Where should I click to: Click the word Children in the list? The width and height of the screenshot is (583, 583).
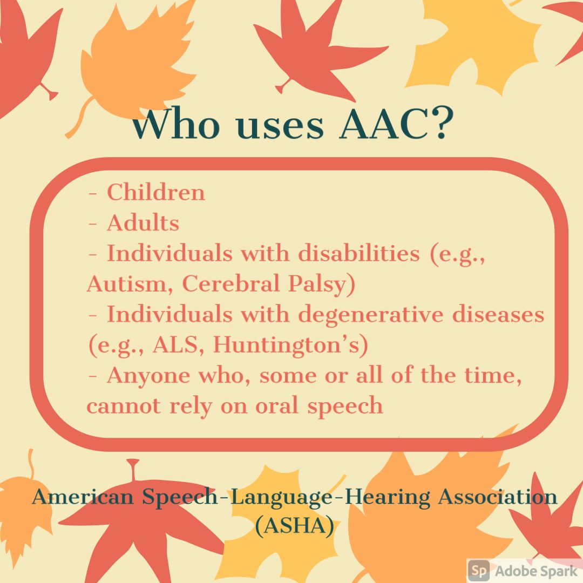[x=156, y=192]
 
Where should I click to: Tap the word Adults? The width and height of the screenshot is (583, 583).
[x=143, y=223]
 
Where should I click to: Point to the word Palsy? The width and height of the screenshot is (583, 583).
[x=318, y=285]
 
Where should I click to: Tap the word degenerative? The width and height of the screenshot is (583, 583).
[x=371, y=315]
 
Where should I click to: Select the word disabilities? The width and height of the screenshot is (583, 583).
[x=359, y=253]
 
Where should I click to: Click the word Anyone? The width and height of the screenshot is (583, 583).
[x=148, y=376]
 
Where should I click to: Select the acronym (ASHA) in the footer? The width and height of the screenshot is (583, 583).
[x=295, y=526]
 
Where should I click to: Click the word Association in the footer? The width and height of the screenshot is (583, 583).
[x=498, y=497]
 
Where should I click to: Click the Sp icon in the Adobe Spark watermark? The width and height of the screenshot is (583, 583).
[x=479, y=570]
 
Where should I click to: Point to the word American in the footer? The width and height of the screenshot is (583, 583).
[x=83, y=497]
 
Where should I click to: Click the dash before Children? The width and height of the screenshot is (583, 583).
[x=93, y=194]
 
